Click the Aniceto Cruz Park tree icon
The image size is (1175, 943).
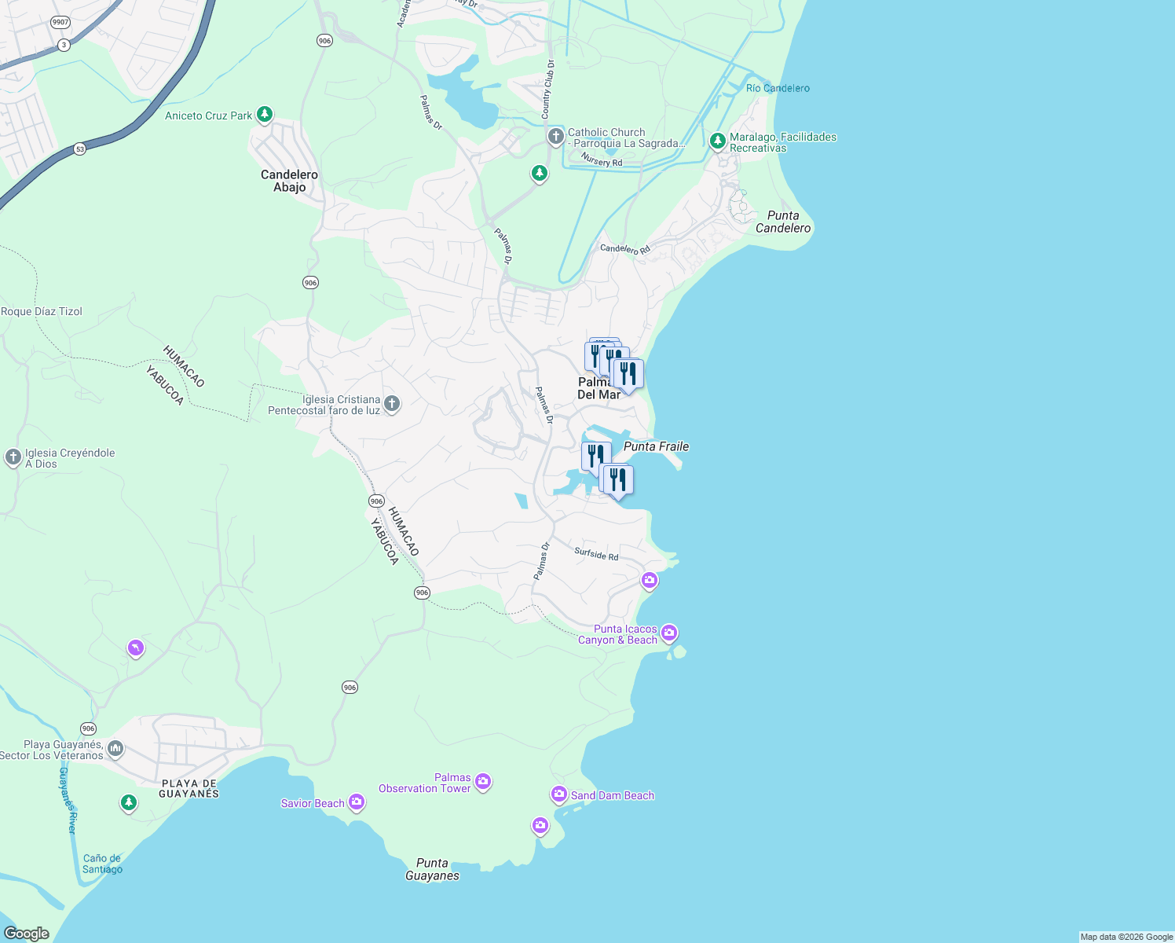point(265,115)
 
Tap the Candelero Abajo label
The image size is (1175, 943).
point(289,181)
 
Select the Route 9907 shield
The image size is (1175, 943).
point(60,22)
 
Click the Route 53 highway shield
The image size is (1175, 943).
point(80,149)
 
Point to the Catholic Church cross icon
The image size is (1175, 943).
point(555,138)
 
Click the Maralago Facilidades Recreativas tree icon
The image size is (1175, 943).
point(716,141)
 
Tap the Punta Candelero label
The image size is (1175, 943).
point(782,222)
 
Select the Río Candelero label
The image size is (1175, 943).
point(778,88)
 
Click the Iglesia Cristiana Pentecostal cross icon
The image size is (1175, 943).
point(392,404)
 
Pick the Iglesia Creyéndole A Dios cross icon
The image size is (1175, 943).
point(13,457)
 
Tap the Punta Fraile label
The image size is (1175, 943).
point(656,446)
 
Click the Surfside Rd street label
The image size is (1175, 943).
point(596,554)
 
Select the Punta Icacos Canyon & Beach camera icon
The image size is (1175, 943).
point(669,633)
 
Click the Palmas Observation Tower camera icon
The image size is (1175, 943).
point(483,781)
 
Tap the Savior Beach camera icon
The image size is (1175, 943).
point(357,802)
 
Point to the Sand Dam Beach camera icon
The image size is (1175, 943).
point(558,795)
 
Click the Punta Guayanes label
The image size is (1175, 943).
point(432,869)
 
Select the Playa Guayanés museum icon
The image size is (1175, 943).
point(115,748)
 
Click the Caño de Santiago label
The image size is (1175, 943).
point(102,864)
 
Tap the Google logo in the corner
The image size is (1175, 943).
point(26,934)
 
